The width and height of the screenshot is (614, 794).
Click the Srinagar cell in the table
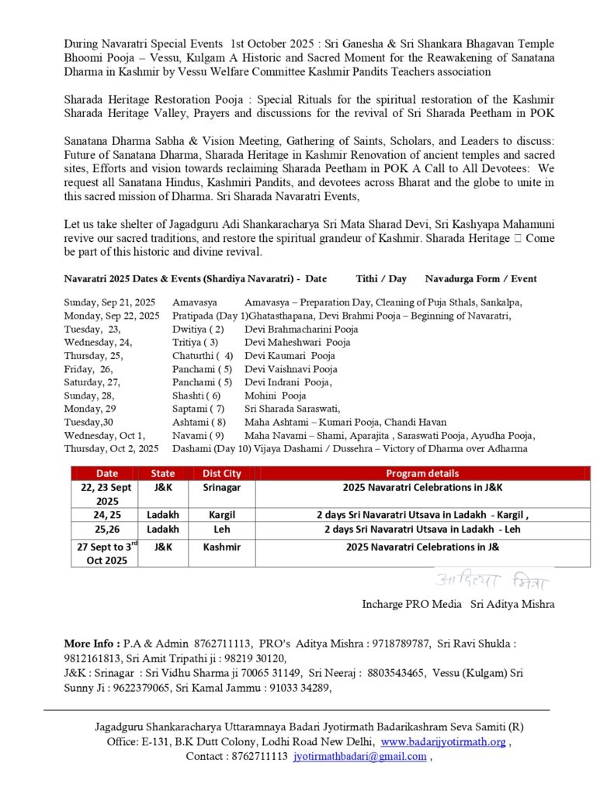pos(222,488)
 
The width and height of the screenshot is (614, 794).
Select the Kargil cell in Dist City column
pos(222,515)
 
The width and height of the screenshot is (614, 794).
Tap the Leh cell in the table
pos(222,530)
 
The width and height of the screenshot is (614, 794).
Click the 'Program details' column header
pos(422,473)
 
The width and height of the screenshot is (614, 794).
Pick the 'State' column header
pos(163,473)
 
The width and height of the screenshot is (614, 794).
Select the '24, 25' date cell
pos(104,515)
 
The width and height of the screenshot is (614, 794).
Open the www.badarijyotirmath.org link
pos(443,742)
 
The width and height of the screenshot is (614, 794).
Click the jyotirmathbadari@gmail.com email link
pos(359,757)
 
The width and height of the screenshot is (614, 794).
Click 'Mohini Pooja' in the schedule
pos(275,395)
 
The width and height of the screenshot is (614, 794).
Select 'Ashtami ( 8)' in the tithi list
pos(199,423)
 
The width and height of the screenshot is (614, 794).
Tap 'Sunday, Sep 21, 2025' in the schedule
pos(109,302)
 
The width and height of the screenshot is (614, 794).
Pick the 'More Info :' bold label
pos(92,644)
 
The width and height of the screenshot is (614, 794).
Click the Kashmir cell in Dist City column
pos(222,547)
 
